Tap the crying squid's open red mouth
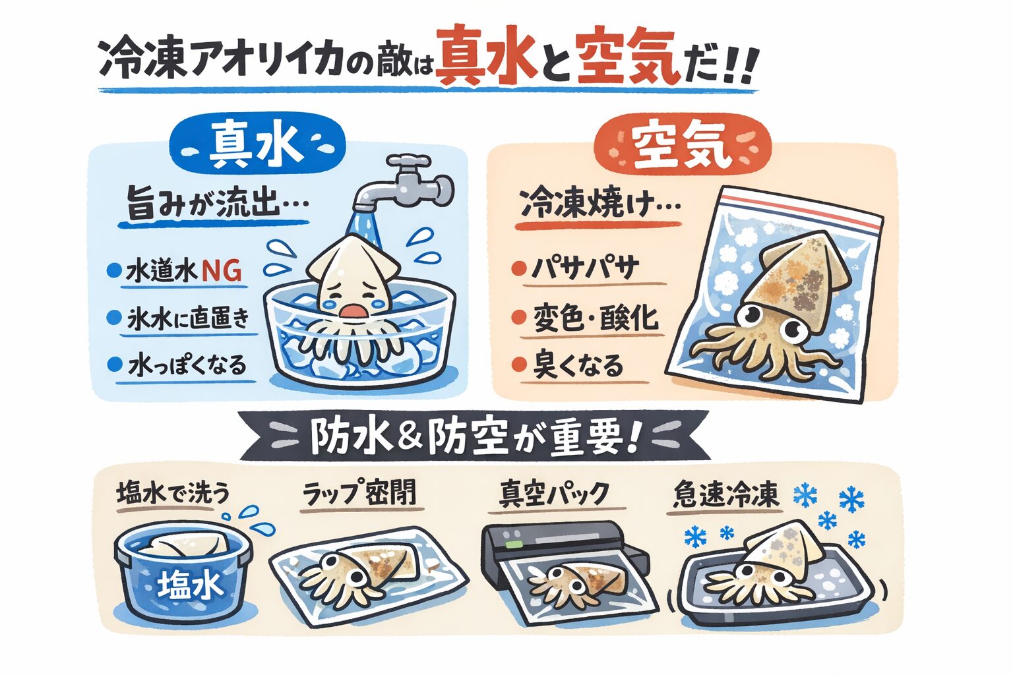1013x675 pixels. click(x=350, y=311)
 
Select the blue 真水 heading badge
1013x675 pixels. click(x=257, y=146)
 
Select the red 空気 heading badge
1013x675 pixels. click(x=682, y=146)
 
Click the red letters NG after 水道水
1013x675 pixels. click(x=220, y=270)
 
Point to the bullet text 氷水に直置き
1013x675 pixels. click(x=189, y=318)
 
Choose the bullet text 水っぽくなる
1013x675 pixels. click(x=187, y=365)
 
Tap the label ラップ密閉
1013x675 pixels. click(x=359, y=494)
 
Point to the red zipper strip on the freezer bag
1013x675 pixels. click(x=801, y=210)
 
